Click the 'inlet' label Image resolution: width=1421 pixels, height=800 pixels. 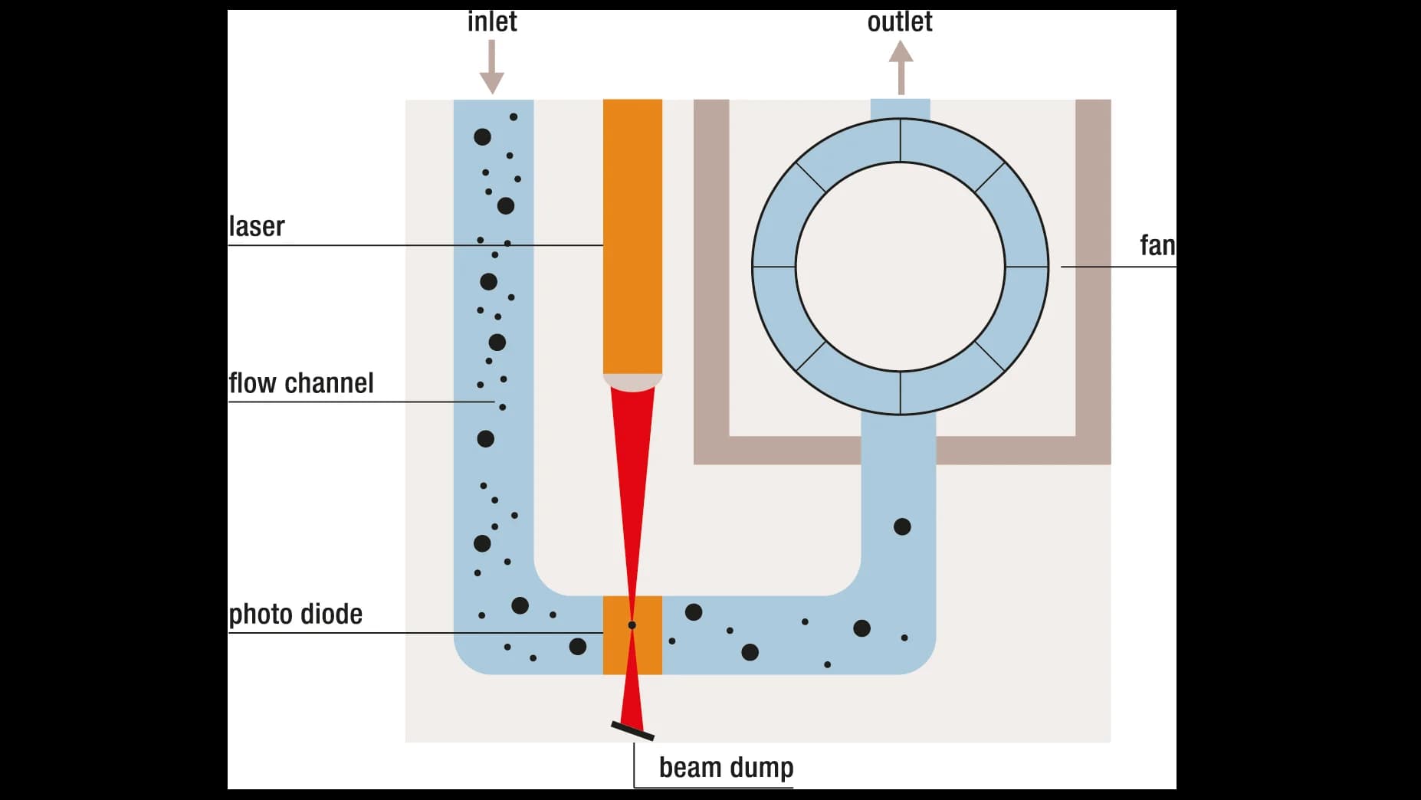coord(492,21)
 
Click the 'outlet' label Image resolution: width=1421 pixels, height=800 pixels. coord(900,21)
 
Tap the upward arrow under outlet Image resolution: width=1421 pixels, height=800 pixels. coord(901,67)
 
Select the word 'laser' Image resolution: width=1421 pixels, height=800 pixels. coord(257,227)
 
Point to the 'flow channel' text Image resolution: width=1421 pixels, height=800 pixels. coord(301,383)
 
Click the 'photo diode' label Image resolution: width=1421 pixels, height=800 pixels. coord(296,614)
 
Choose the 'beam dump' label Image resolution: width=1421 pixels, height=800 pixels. coord(726,767)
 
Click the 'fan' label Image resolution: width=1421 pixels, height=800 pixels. coord(1157,246)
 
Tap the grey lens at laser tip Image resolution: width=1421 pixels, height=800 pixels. coord(632,382)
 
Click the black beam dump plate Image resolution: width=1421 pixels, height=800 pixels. coord(632,731)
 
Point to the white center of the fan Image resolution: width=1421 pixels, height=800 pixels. coord(900,267)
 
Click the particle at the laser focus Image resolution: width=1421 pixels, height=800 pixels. coord(632,625)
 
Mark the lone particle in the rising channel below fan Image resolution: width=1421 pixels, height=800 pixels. coord(902,526)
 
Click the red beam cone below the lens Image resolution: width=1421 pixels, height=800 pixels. coord(633,460)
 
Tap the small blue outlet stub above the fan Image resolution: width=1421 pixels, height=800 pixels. coord(900,108)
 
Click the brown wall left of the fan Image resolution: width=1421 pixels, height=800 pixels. coord(711,276)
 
